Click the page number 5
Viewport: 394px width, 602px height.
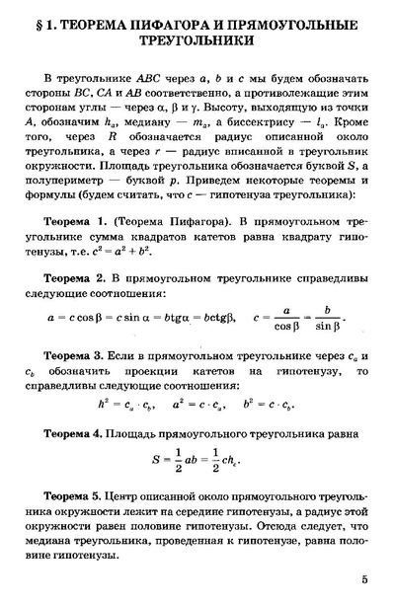[364, 579]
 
